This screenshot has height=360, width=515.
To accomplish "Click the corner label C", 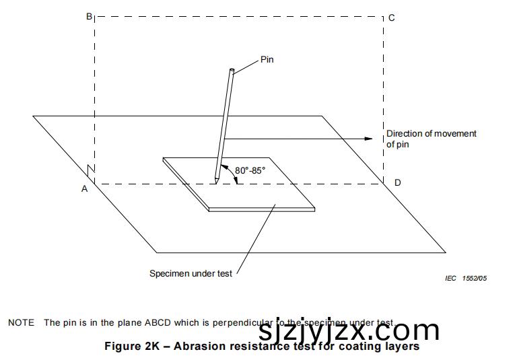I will tap(391, 17).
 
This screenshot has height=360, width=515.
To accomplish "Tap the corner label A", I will tap(85, 189).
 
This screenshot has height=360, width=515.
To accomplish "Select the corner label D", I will tap(397, 183).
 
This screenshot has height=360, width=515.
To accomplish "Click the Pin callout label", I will tap(267, 60).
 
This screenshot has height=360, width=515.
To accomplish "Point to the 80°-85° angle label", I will tap(250, 170).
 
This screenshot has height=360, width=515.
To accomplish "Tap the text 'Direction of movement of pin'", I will tap(431, 139).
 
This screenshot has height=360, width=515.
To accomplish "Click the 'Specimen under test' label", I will tap(191, 274).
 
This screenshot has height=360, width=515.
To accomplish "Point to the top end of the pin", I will tap(232, 70).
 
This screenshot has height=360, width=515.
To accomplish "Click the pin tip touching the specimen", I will tap(216, 180).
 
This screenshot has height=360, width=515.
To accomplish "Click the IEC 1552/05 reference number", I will tap(465, 278).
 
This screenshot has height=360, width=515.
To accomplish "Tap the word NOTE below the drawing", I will tap(21, 323).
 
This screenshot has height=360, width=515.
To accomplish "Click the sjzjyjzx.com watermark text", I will tap(348, 331).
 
